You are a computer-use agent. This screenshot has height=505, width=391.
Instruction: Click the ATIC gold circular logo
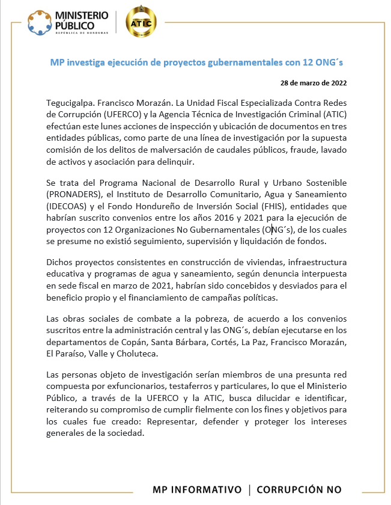[x=141, y=23]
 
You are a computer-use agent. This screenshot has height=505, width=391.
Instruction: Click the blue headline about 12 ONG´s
[x=196, y=62]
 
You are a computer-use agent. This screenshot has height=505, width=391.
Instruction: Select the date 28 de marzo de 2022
[x=313, y=82]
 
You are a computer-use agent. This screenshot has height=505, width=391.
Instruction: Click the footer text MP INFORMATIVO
[x=197, y=489]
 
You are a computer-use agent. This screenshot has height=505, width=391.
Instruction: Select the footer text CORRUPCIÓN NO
[x=299, y=489]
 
